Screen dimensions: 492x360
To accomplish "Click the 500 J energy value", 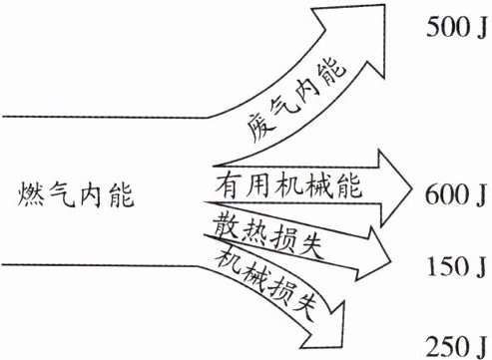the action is (x=456, y=27).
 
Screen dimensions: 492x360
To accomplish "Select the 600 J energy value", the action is (x=455, y=194).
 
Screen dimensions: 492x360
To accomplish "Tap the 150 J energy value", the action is (x=457, y=266).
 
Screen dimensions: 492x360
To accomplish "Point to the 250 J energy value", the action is (x=456, y=346).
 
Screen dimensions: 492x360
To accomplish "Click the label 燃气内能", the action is (x=76, y=194).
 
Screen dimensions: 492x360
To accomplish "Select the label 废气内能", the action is (x=296, y=100).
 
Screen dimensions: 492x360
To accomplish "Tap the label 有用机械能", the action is (x=288, y=184).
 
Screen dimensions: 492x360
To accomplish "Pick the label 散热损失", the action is (x=268, y=235).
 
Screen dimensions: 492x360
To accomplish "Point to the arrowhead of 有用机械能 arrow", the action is (x=394, y=188).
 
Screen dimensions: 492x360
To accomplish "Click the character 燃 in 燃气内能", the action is (x=31, y=195).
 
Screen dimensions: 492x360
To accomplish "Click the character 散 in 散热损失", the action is (x=227, y=224).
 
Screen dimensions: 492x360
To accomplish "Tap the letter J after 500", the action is (x=480, y=27).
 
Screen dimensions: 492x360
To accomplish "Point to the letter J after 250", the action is (x=480, y=347).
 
